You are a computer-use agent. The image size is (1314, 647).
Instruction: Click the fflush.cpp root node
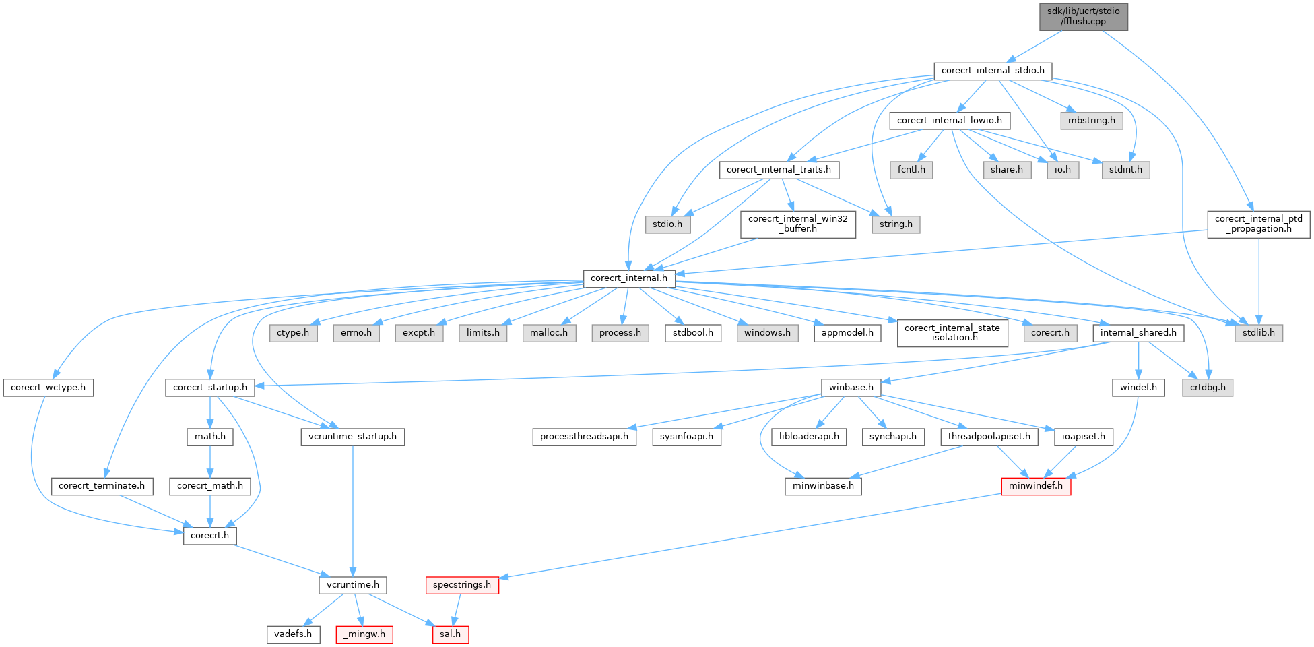[1083, 16]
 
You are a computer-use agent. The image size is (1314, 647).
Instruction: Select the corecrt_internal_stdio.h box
[992, 71]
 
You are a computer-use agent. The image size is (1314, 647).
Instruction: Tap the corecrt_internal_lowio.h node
[949, 121]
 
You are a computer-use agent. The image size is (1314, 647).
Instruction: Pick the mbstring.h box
[1091, 121]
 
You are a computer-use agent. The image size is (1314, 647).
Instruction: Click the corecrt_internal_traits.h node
[779, 170]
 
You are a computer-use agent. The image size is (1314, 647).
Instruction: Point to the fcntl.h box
[911, 170]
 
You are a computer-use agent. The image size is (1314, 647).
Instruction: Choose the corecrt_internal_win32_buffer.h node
[797, 224]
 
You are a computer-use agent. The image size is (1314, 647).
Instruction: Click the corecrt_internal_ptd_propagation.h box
[1258, 224]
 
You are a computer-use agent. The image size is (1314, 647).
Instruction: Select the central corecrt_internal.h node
[628, 278]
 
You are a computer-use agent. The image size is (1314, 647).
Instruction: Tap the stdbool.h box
[693, 333]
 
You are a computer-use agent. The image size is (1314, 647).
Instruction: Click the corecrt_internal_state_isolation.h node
[952, 333]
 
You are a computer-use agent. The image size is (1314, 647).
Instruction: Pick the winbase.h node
[851, 388]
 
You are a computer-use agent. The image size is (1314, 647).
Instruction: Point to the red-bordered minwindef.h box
[1035, 486]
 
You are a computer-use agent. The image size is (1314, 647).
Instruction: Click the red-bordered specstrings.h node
[461, 585]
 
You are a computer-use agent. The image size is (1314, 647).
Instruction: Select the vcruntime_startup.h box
[352, 437]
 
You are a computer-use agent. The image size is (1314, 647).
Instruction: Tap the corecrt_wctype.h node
[48, 388]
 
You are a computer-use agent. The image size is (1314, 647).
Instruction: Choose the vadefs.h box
[293, 634]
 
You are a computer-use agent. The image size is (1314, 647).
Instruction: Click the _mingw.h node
[364, 634]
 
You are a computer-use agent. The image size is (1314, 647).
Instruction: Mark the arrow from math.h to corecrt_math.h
[210, 461]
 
